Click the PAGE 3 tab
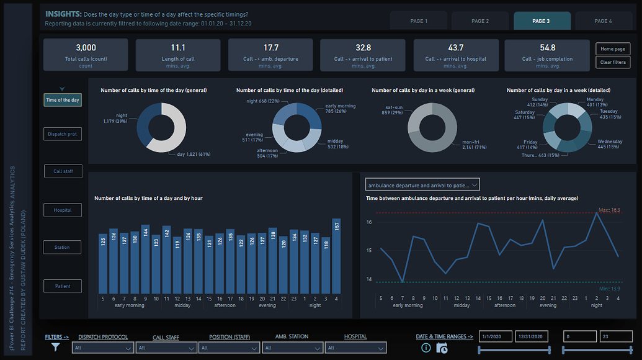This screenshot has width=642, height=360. point(540,20)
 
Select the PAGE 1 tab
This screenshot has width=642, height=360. point(419,20)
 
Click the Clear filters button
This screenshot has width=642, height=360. point(613,62)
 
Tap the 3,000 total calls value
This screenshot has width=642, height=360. point(86,48)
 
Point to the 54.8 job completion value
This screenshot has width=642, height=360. point(548,48)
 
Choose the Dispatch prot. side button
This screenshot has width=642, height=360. point(63,134)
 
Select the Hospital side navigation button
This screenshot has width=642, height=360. point(63,210)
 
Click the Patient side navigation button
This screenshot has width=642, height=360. point(63,286)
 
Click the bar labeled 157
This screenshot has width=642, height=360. point(336,256)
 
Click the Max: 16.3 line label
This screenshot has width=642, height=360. point(609,210)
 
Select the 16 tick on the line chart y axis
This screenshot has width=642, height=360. point(368,222)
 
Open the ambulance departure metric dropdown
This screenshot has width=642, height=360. point(422,185)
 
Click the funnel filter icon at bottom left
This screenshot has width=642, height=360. point(55,348)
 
